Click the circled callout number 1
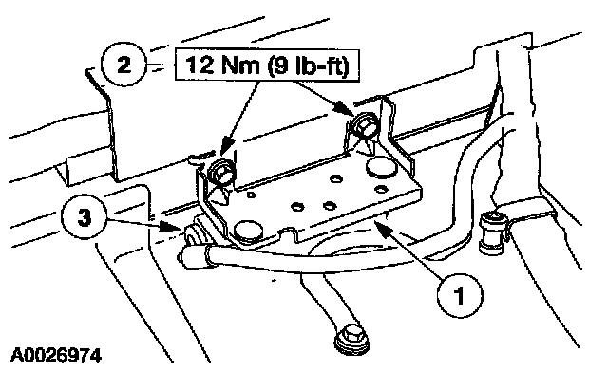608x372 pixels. click(460, 295)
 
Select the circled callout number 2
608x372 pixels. click(123, 65)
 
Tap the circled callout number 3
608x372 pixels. click(85, 217)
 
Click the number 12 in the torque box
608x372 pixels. click(199, 65)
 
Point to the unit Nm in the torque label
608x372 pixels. click(240, 65)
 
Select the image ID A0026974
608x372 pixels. click(56, 355)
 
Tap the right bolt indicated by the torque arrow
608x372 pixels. click(364, 125)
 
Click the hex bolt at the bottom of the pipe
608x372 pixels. click(351, 339)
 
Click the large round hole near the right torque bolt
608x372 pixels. click(381, 167)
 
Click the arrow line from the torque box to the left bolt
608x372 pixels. click(238, 121)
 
